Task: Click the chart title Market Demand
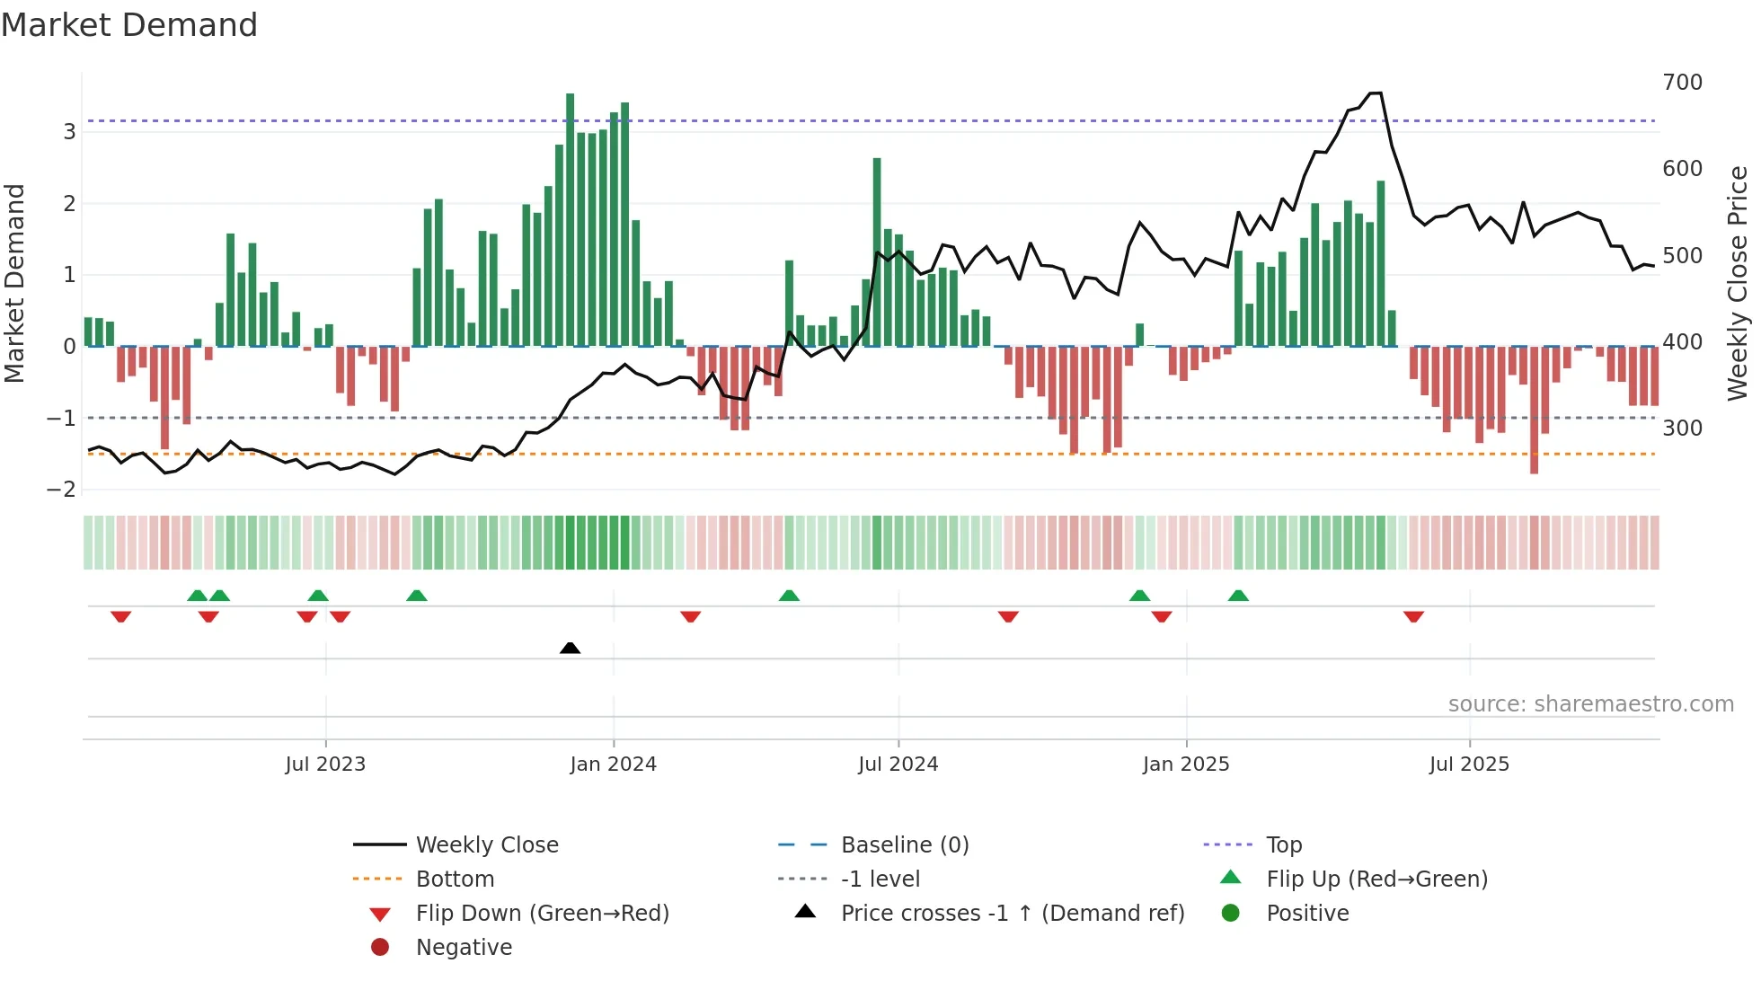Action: [129, 25]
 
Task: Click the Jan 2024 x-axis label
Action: [613, 765]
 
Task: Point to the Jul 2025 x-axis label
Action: [1469, 765]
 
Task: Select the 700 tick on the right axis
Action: [1682, 83]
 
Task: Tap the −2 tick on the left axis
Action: [62, 490]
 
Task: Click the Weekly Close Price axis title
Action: [1738, 283]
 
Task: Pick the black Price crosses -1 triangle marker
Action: [570, 648]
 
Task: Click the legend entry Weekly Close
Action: [486, 845]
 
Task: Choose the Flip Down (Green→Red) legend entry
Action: [542, 914]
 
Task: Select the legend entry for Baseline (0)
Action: [904, 845]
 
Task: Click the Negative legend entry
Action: [464, 948]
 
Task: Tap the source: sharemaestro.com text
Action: [1590, 704]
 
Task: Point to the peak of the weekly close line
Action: [1375, 93]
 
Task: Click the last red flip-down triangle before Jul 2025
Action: [1413, 617]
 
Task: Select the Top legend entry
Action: [1283, 845]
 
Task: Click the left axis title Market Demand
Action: [15, 283]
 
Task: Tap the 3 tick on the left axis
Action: [69, 132]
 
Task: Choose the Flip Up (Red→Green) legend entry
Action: [1376, 880]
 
